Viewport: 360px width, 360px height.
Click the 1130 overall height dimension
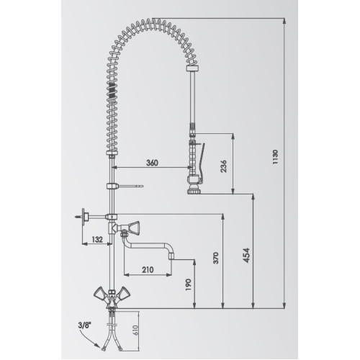[275, 157]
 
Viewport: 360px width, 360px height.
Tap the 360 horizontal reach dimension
[152, 163]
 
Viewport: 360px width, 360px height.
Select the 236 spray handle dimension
[223, 166]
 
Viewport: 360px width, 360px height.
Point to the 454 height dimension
[246, 256]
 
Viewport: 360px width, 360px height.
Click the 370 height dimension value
[216, 258]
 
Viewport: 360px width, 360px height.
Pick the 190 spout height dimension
[189, 284]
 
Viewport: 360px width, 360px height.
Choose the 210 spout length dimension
[148, 270]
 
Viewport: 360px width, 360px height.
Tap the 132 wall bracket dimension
[97, 239]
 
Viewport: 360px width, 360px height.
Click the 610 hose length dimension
[135, 330]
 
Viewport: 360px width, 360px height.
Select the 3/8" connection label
[84, 325]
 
